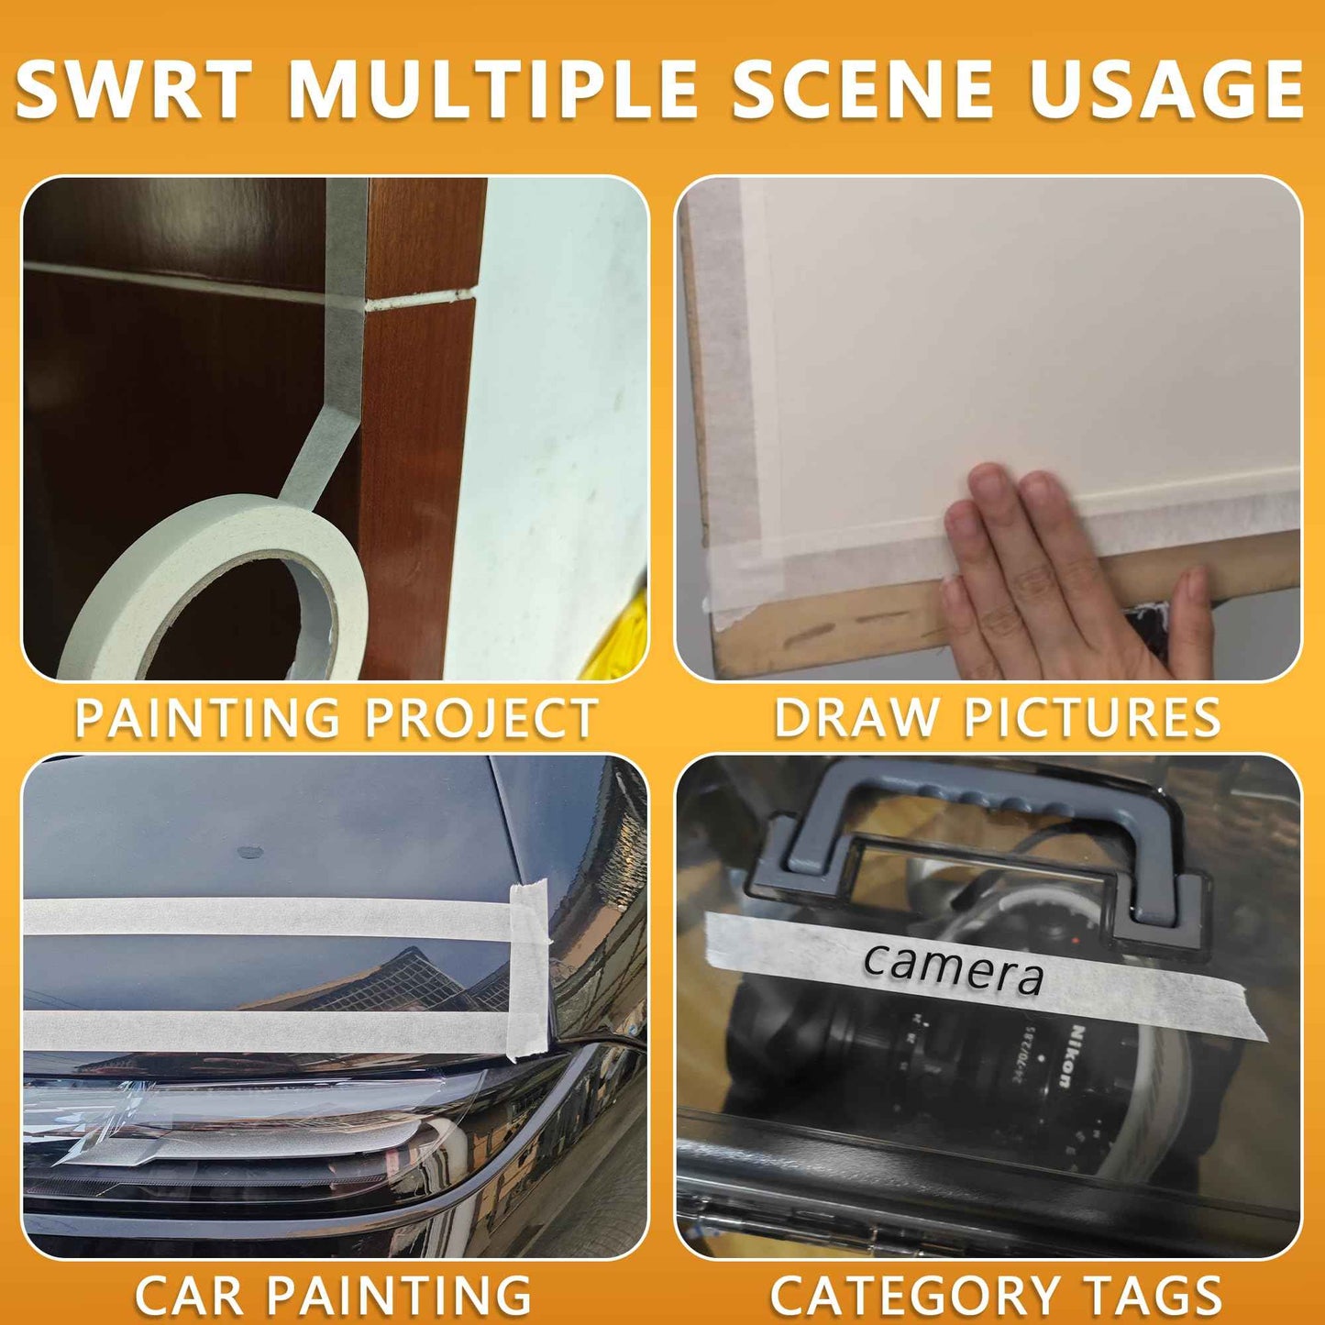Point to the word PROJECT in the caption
pyautogui.click(x=480, y=718)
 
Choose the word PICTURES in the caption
pyautogui.click(x=1091, y=718)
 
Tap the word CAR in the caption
pyautogui.click(x=189, y=1296)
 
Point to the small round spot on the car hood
pyautogui.click(x=250, y=853)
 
